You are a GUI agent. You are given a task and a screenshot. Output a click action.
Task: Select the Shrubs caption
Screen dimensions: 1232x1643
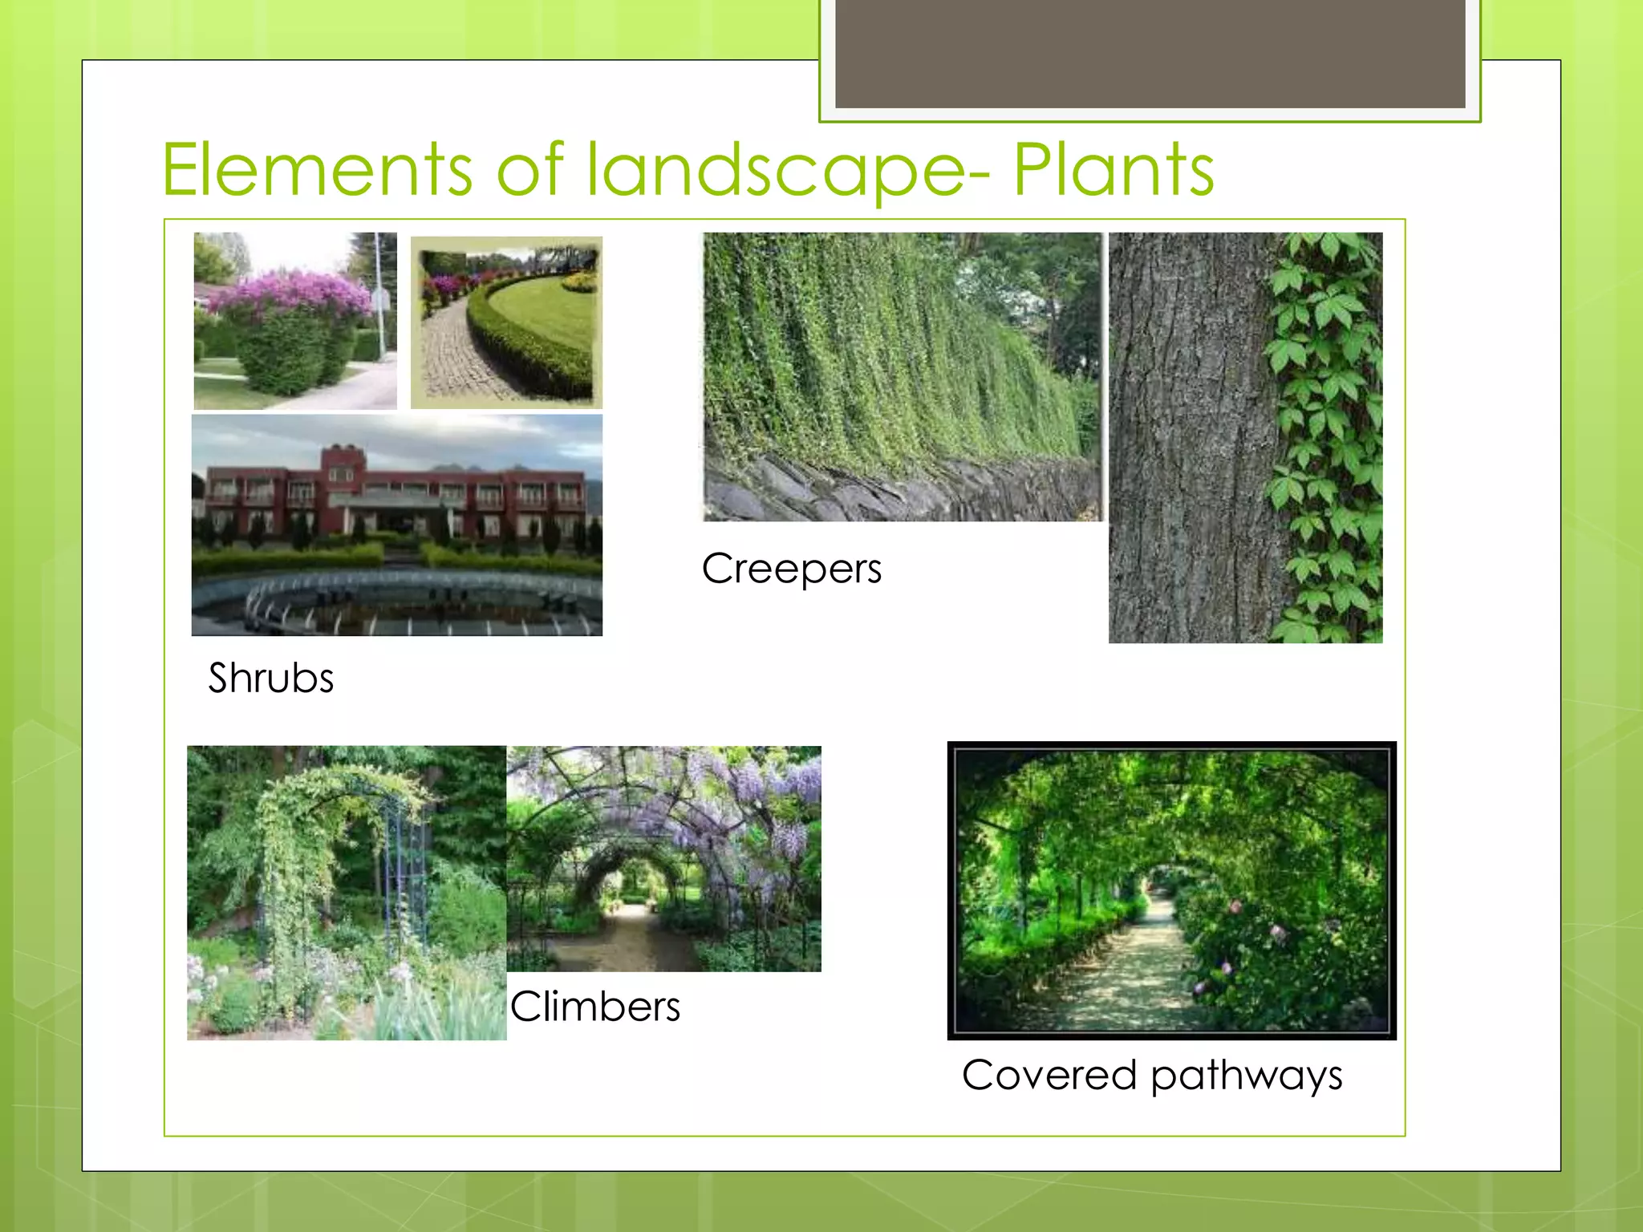coord(271,678)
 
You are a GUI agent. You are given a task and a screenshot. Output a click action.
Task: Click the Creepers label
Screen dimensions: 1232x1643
coord(791,569)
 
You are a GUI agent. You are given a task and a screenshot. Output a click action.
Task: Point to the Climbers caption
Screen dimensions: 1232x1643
coord(595,1007)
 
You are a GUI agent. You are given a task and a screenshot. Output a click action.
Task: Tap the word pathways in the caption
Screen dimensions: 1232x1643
coord(1246,1076)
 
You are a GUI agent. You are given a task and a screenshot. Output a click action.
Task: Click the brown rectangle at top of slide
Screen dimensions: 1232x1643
coord(1150,53)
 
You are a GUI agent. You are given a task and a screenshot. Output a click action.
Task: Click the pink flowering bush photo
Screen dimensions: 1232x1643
coord(294,321)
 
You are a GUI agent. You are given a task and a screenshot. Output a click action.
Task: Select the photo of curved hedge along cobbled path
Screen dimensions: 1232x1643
coord(506,322)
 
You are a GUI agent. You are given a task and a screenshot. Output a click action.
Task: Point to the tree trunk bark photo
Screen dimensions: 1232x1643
coord(1187,438)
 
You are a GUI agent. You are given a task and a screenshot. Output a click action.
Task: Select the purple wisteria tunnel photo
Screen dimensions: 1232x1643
coord(664,858)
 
